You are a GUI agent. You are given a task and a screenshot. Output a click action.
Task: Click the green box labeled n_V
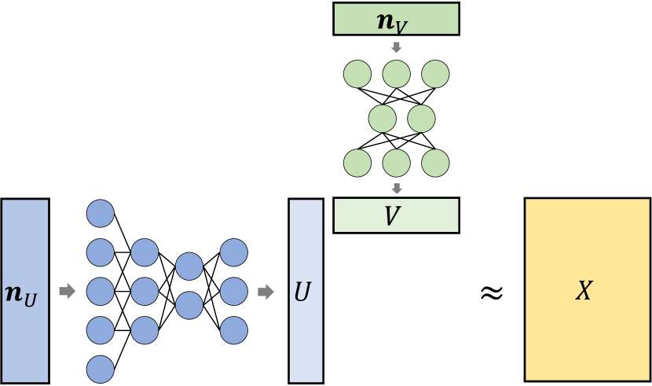(x=395, y=20)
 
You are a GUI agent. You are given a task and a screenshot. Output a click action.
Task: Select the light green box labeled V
(x=395, y=215)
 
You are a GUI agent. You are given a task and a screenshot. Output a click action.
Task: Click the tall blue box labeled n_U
(x=25, y=291)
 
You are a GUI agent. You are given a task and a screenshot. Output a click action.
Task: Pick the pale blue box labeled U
(x=306, y=291)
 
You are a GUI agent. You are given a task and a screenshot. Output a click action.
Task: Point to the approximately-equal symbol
(x=491, y=292)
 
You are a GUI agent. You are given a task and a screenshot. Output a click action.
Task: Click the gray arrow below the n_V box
(x=397, y=47)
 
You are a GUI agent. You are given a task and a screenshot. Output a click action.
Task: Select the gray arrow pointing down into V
(x=397, y=188)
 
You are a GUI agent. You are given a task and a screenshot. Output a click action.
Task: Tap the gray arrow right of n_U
(x=68, y=292)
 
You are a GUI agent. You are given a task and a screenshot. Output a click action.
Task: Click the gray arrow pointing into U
(x=267, y=292)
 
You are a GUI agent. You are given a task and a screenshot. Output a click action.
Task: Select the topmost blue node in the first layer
(x=100, y=214)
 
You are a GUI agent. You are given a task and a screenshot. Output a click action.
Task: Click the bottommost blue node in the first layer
(x=100, y=368)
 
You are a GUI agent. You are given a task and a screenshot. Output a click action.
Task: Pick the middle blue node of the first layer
(x=100, y=291)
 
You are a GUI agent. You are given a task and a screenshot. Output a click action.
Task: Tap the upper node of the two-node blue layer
(x=189, y=267)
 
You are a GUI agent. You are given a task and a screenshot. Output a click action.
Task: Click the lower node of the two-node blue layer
(x=189, y=304)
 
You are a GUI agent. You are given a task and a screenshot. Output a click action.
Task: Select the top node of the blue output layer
(x=234, y=252)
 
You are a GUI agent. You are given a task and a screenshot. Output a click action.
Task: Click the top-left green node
(x=357, y=74)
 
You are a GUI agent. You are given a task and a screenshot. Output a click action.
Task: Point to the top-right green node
(x=435, y=74)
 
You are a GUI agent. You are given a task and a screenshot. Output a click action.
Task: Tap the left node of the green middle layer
(x=383, y=119)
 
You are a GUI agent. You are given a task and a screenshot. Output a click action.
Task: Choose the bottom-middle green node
(x=397, y=163)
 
